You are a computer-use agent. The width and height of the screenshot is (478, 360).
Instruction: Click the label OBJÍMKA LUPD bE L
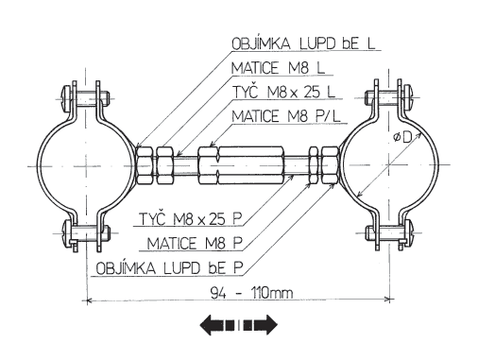[x=303, y=43]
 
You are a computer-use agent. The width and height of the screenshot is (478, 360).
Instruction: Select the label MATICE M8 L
[x=278, y=68]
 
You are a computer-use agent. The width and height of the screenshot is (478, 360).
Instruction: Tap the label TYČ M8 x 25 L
[x=283, y=92]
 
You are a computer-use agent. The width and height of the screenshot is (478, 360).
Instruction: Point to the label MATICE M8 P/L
[x=286, y=116]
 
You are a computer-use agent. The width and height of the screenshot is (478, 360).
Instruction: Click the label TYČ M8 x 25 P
[x=191, y=218]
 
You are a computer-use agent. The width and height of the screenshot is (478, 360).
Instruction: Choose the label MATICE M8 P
[x=195, y=243]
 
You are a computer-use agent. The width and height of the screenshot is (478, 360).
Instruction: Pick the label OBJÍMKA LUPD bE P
[x=169, y=268]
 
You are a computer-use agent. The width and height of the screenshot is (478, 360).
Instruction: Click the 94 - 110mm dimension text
[x=251, y=293]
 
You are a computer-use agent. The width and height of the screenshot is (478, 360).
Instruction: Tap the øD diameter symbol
[x=402, y=137]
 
